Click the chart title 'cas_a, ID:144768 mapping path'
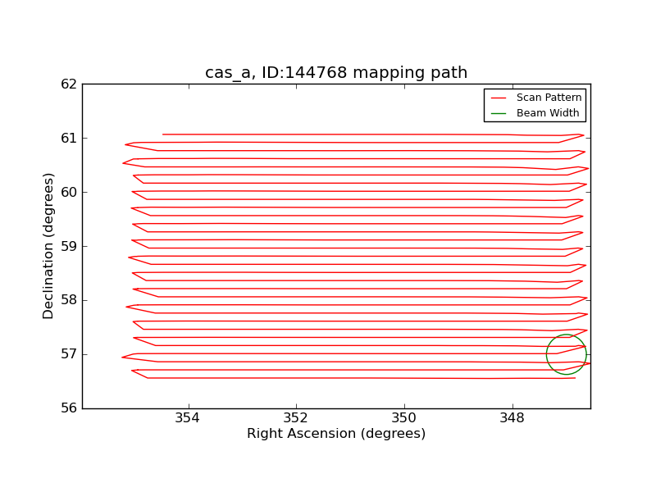(336, 73)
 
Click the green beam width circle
(546, 354)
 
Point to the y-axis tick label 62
(69, 84)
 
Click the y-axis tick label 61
(69, 138)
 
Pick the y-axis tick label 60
(69, 192)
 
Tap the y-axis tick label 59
(69, 246)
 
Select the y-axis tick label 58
(69, 300)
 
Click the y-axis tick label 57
(69, 354)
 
